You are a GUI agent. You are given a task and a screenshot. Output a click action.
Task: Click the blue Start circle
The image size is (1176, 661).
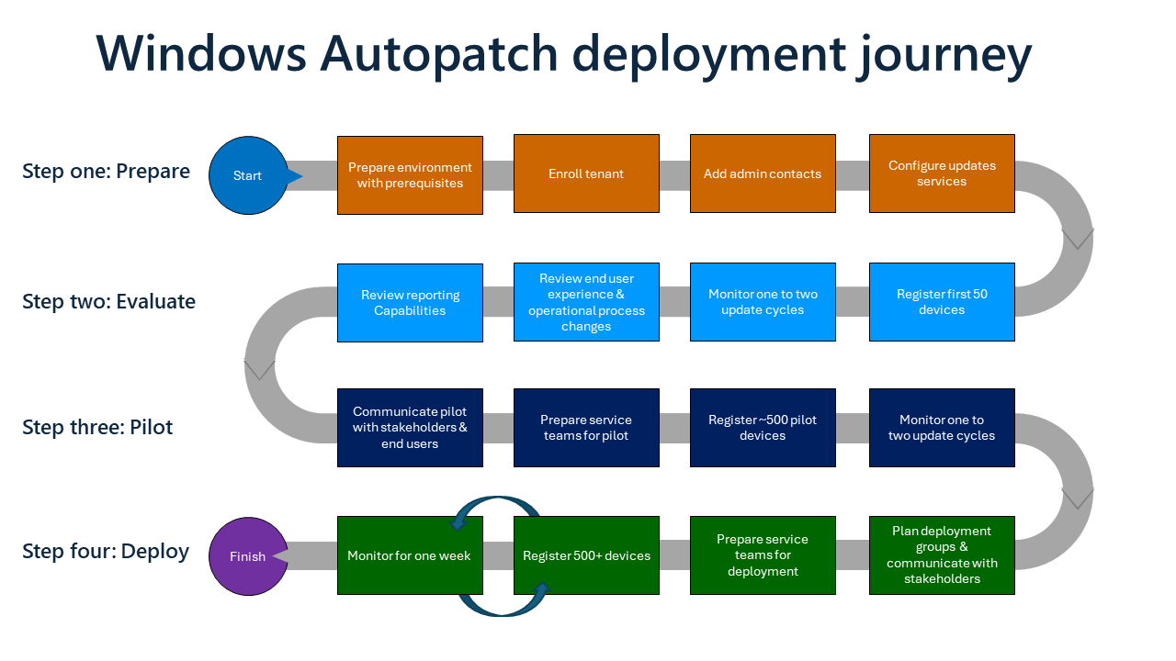tap(248, 175)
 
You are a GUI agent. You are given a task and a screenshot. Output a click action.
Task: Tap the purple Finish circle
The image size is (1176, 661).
tap(247, 555)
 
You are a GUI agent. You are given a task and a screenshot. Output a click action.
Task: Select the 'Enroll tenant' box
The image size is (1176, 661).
tap(586, 174)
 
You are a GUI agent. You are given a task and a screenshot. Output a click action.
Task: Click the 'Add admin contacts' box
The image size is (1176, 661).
tap(763, 174)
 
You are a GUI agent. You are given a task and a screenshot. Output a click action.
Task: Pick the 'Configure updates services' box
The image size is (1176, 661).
tap(942, 174)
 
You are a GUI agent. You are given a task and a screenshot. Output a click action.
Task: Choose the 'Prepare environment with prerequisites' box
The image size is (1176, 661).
tap(410, 174)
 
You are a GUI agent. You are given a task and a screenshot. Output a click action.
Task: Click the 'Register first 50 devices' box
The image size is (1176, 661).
tap(942, 302)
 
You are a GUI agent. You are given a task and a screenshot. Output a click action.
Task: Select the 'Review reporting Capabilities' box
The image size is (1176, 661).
tap(410, 303)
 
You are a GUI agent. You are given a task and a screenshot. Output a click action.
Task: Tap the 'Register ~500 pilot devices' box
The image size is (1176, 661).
tap(763, 428)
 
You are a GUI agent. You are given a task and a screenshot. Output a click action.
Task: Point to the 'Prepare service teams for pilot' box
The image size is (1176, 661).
tap(586, 428)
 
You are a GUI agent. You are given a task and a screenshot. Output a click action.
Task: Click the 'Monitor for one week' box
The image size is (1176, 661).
tap(410, 555)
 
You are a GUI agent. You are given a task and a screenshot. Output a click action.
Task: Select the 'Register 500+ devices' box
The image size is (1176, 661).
tap(586, 555)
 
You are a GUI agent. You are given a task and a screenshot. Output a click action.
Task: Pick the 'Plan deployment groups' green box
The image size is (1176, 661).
tap(942, 555)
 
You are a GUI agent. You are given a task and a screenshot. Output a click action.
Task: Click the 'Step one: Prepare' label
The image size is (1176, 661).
tap(106, 172)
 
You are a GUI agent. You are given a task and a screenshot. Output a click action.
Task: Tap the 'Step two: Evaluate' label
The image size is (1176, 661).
tap(108, 302)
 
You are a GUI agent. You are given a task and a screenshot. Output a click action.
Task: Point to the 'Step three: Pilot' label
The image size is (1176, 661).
tap(97, 428)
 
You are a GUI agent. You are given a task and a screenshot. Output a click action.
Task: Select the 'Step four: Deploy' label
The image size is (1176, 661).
tap(106, 552)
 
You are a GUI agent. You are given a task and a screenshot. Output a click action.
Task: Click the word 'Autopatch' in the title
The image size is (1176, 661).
tap(438, 55)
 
